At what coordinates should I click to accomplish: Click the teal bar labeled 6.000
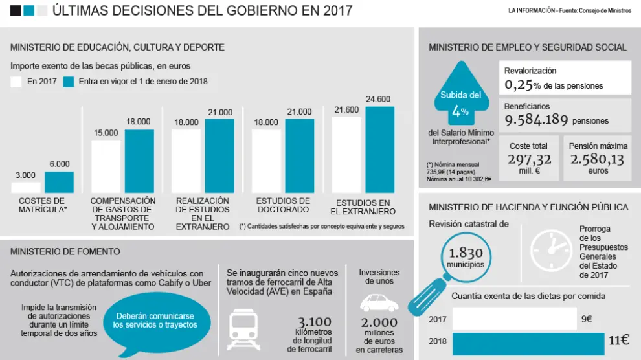pos(59,182)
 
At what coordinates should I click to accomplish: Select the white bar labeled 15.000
pos(106,166)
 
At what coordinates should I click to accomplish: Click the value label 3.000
pos(25,175)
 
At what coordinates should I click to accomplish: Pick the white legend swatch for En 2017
pos(16,82)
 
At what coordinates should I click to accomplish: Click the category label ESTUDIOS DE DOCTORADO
pos(282,205)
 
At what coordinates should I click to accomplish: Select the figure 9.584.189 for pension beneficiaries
pos(537,120)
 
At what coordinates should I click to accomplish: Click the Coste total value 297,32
pos(529,159)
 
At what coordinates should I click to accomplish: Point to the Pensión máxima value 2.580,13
pos(598,159)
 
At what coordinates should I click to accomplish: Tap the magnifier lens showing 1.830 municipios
pos(466,257)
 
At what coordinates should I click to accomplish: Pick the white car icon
pos(379,302)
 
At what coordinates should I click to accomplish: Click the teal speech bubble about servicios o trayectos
pos(155,321)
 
